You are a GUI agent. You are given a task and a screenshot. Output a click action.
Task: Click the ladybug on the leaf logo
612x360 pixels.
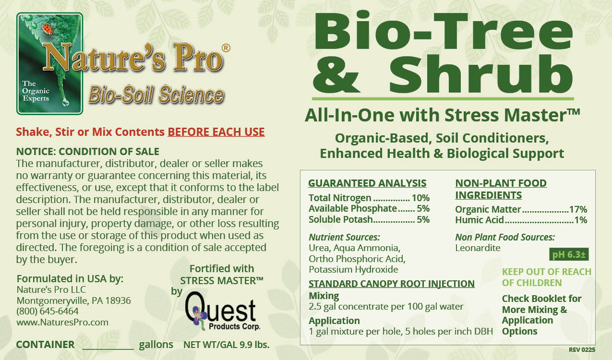pos(48,29)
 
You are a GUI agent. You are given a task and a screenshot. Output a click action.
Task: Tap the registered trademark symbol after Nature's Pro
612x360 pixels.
pos(226,48)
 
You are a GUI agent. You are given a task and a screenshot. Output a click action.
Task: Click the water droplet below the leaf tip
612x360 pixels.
pos(65,102)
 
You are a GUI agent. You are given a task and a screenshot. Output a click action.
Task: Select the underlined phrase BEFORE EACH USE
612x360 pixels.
pos(216,132)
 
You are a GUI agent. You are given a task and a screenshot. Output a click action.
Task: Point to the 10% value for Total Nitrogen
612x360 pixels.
pos(421,198)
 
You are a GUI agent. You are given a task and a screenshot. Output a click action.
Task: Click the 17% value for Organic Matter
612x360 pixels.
pos(578,209)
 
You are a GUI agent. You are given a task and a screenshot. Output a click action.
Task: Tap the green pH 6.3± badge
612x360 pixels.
pos(569,254)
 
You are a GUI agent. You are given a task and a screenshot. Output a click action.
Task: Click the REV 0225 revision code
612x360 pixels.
pos(582,350)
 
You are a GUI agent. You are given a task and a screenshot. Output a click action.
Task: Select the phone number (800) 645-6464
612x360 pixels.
pos(48,311)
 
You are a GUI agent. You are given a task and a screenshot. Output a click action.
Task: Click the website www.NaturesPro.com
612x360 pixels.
pos(62,322)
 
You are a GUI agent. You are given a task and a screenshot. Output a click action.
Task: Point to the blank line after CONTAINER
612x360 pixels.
pos(108,349)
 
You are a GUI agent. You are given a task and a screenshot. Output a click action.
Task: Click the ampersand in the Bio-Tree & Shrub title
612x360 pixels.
pos(336,74)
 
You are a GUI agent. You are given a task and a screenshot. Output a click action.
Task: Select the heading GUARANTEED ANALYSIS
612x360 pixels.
pos(367,183)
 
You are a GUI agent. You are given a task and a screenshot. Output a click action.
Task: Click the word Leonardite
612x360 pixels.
pos(478,248)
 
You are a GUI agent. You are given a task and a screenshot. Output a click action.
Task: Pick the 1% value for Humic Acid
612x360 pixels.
pos(581,220)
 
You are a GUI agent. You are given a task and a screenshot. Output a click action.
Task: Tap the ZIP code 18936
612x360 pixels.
pos(118,300)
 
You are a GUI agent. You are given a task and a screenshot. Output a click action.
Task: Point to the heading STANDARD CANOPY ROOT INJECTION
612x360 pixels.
pos(392,284)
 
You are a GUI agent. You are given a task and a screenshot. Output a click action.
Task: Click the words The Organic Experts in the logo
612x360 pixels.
pos(36,91)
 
